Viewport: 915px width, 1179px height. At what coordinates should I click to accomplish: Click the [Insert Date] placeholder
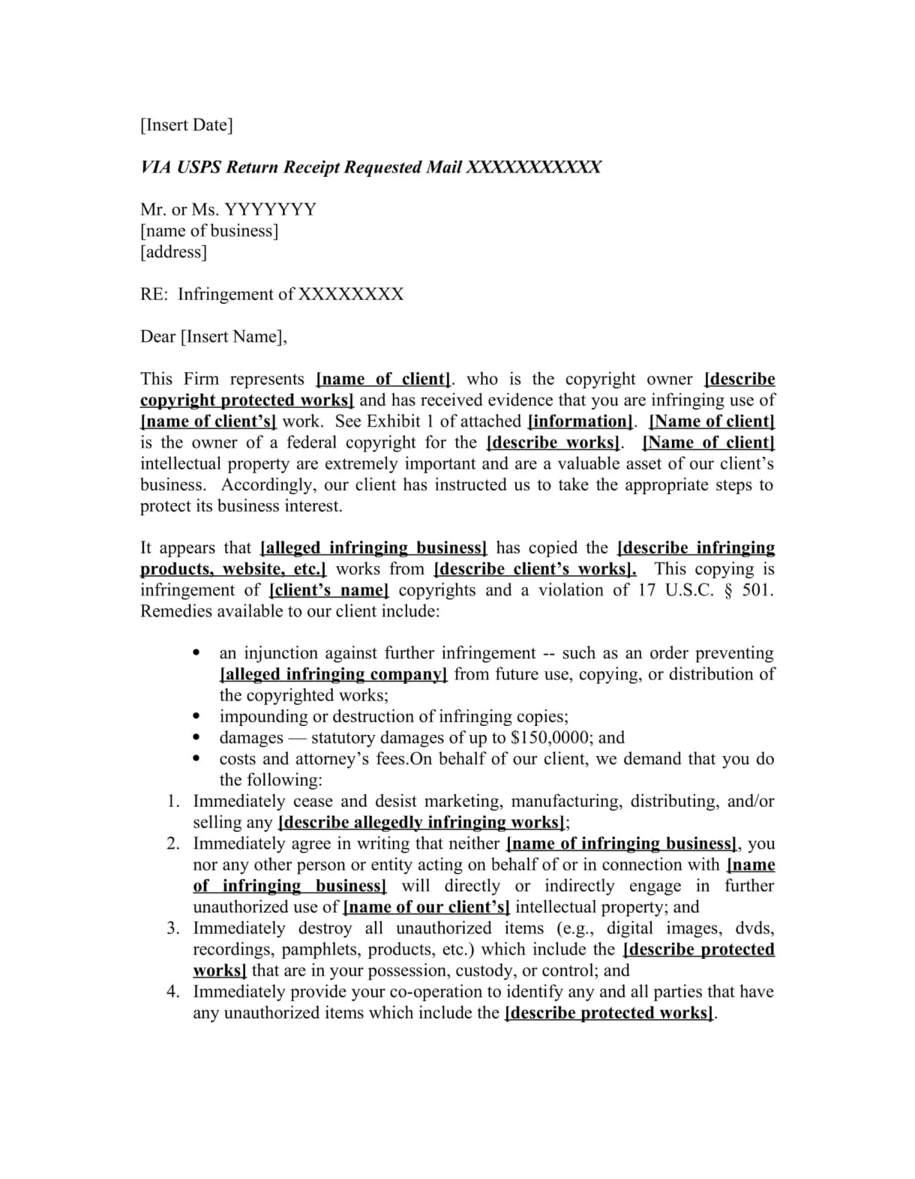[x=186, y=124]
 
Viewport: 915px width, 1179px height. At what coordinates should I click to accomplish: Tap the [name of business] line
[x=209, y=230]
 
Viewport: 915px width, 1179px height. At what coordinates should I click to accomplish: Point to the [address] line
[x=173, y=251]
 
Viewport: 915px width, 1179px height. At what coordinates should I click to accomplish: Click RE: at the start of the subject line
[x=154, y=294]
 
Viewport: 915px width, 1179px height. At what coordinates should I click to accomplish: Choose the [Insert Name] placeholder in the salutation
[x=232, y=336]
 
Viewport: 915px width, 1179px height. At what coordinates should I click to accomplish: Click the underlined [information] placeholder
[x=580, y=421]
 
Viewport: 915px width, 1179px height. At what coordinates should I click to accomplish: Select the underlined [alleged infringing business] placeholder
[x=373, y=547]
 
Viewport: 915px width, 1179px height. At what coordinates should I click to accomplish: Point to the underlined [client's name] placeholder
[x=328, y=589]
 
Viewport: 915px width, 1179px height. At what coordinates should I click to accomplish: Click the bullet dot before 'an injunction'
[x=196, y=652]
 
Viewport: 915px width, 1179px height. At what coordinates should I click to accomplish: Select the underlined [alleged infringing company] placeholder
[x=333, y=673]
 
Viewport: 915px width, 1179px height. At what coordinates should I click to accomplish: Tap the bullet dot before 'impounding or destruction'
[x=196, y=716]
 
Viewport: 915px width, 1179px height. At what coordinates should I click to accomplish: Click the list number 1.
[x=173, y=801]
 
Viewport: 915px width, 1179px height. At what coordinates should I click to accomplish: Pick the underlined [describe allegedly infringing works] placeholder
[x=421, y=822]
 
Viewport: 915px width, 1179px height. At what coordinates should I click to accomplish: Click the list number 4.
[x=173, y=991]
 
